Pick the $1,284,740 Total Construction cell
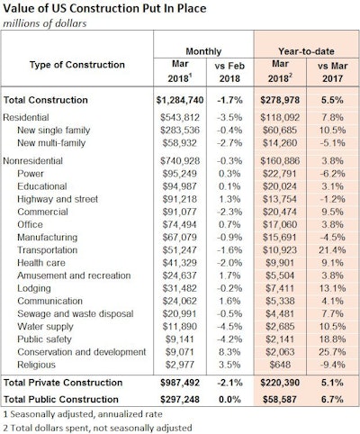point(184,96)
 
